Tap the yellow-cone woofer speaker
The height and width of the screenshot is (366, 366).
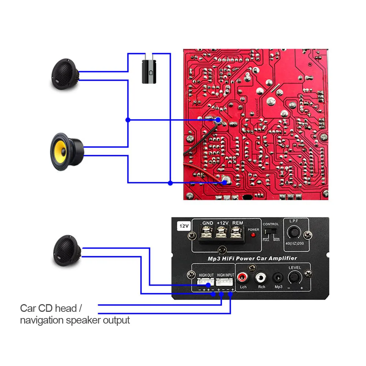pyautogui.click(x=66, y=149)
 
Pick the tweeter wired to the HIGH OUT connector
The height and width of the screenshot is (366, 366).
pyautogui.click(x=67, y=250)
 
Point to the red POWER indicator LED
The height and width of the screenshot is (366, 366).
pyautogui.click(x=253, y=235)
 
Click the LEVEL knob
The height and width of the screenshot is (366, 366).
pyautogui.click(x=295, y=278)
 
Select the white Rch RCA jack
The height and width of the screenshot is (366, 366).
pyautogui.click(x=261, y=278)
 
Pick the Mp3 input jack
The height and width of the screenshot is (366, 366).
pyautogui.click(x=279, y=278)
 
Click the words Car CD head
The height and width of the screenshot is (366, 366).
pyautogui.click(x=48, y=308)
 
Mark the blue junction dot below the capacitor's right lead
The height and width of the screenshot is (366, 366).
pyautogui.click(x=170, y=182)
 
